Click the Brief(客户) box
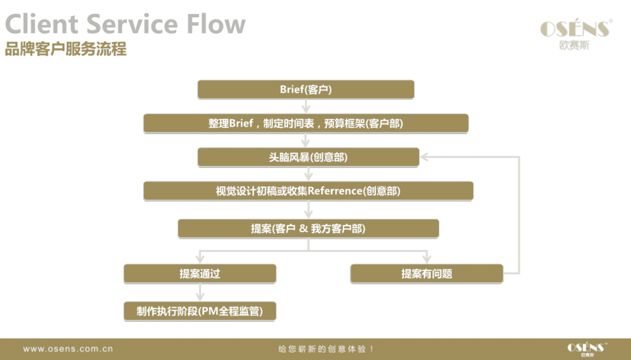(306, 89)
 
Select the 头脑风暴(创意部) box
(308, 157)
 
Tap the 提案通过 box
(200, 274)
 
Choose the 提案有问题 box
(427, 274)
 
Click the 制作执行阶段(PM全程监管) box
(200, 311)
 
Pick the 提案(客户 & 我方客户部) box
(308, 228)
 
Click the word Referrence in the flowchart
(335, 191)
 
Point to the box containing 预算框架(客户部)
(306, 123)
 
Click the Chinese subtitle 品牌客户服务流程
(66, 49)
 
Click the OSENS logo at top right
(576, 34)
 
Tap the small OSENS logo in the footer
(587, 349)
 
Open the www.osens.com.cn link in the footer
(68, 349)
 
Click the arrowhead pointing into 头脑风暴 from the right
(424, 157)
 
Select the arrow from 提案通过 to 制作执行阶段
(200, 292)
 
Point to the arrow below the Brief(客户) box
(306, 106)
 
